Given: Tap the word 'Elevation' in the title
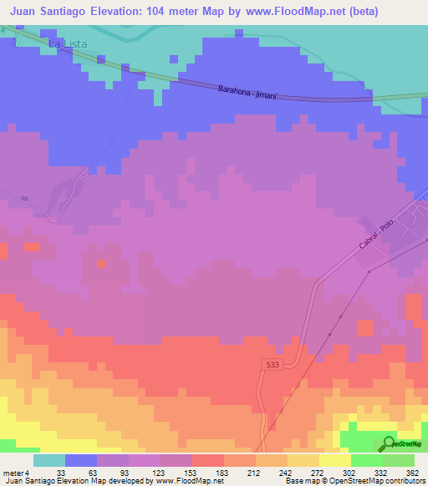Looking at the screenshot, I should (x=120, y=12).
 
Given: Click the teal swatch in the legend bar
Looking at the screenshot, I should (x=49, y=460).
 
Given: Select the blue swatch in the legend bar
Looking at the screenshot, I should (x=81, y=460).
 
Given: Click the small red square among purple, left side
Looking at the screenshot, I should (x=101, y=264).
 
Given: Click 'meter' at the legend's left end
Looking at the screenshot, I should (x=12, y=472).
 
